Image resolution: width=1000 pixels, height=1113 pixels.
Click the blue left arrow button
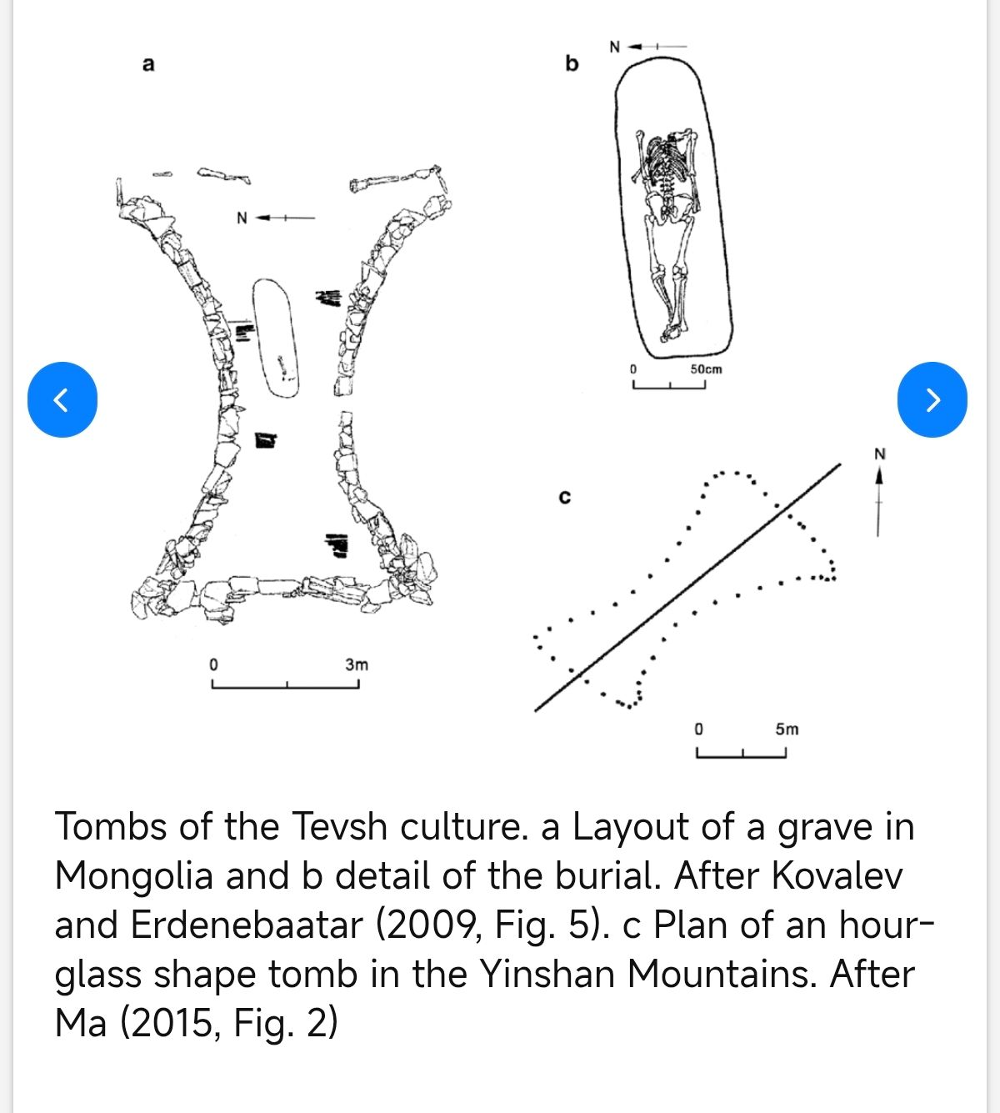click(62, 399)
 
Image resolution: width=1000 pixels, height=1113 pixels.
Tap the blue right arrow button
click(932, 399)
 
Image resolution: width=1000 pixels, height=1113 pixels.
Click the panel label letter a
click(148, 64)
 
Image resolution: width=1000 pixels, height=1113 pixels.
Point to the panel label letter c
click(565, 497)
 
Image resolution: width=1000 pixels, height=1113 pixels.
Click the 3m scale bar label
click(357, 664)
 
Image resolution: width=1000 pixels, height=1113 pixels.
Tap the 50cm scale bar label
click(706, 369)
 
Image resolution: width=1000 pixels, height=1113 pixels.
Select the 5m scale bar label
click(787, 729)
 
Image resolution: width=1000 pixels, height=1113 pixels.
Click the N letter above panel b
click(614, 48)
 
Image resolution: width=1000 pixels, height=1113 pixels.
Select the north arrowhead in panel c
click(878, 476)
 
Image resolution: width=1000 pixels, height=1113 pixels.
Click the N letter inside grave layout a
click(242, 218)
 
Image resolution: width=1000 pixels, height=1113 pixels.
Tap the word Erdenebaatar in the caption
click(247, 925)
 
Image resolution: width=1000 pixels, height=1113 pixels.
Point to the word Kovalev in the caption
click(837, 876)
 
